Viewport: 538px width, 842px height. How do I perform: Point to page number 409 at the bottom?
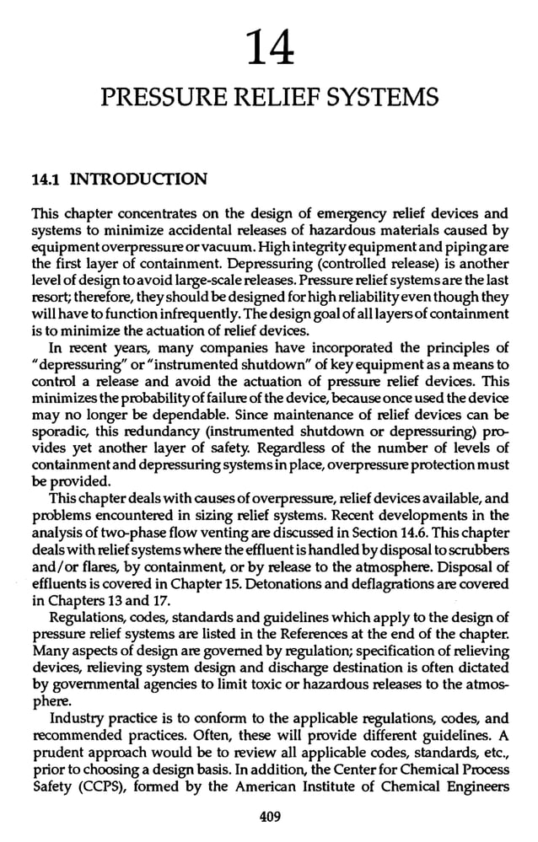coord(270,817)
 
